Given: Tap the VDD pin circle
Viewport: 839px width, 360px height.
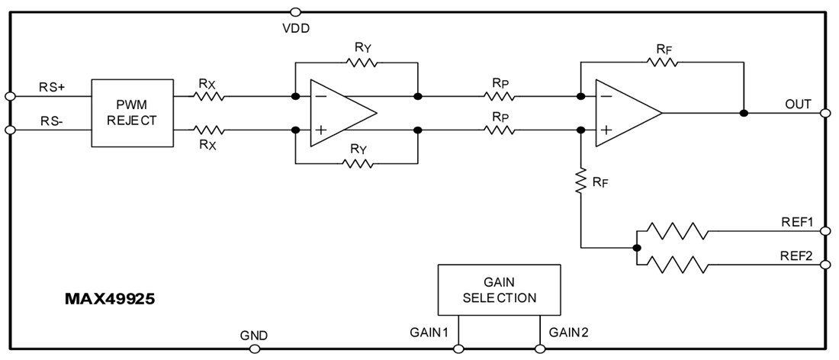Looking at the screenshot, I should pyautogui.click(x=295, y=11).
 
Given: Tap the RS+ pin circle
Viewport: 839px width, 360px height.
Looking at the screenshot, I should pyautogui.click(x=10, y=96).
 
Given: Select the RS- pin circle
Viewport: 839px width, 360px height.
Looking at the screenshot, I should pyautogui.click(x=10, y=130).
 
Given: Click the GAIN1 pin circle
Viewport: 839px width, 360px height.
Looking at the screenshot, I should pyautogui.click(x=458, y=349).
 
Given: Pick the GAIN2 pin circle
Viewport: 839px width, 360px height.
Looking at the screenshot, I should pyautogui.click(x=540, y=349).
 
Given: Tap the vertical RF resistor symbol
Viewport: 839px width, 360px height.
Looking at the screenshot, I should pyautogui.click(x=581, y=182).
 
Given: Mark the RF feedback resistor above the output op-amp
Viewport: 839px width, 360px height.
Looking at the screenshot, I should pyautogui.click(x=661, y=63).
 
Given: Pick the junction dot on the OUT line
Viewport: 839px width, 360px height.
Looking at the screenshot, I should pyautogui.click(x=744, y=113).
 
